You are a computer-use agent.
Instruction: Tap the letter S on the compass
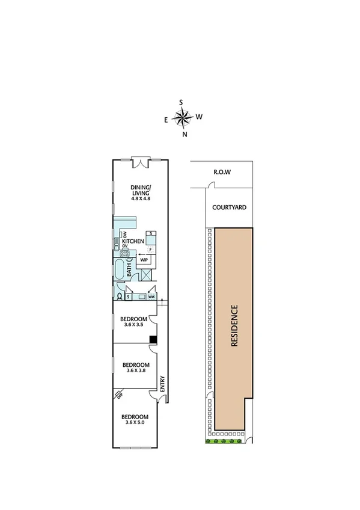coord(181,102)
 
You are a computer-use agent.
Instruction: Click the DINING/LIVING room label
coord(141,190)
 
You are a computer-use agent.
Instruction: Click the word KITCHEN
coord(133,241)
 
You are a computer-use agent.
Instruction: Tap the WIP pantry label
coord(145,260)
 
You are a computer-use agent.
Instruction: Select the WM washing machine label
coord(151,296)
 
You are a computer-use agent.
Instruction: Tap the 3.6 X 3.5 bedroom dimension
coord(133,325)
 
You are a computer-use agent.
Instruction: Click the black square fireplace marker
coord(153,339)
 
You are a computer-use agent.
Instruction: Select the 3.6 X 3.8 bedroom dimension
coord(135,371)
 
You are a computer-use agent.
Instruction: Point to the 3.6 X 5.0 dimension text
coord(135,423)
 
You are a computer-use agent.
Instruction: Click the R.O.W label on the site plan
coord(222,173)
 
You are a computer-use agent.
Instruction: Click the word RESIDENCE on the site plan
coord(235,327)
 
